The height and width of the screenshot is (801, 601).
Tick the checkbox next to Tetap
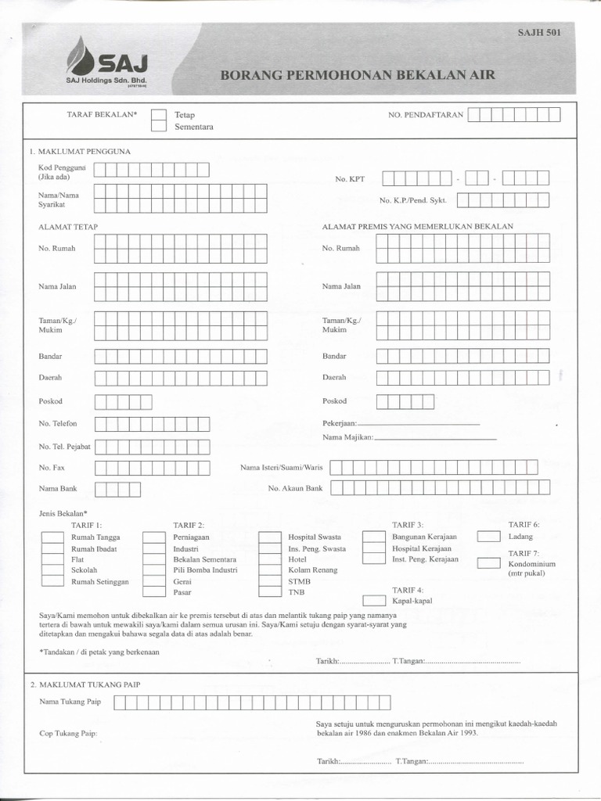point(159,115)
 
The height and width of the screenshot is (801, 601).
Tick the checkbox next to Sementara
point(159,127)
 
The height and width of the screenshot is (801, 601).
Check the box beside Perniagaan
point(153,537)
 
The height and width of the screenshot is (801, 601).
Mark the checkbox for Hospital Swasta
point(269,537)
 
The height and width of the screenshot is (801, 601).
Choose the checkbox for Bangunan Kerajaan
point(373,537)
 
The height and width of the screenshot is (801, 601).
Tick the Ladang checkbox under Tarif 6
point(488,537)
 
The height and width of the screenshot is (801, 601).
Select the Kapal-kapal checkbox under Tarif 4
point(373,601)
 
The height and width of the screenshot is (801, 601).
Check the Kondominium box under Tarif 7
point(488,563)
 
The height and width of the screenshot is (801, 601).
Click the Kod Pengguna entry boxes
point(151,170)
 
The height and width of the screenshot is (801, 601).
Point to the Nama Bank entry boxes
point(117,490)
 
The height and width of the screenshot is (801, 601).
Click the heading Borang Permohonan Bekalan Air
point(357,76)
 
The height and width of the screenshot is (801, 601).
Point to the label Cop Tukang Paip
point(68,735)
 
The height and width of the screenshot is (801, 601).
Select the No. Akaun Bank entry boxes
point(440,488)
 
